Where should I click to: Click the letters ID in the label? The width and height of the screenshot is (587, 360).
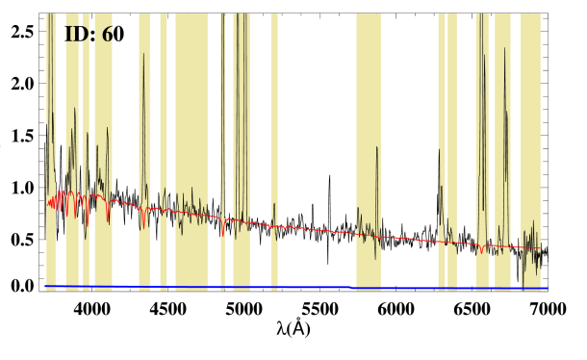pyautogui.click(x=76, y=35)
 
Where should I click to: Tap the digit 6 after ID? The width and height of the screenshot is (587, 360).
pyautogui.click(x=107, y=35)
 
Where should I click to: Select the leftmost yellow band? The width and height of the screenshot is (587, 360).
pyautogui.click(x=51, y=144)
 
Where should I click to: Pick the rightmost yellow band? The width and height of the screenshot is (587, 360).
pyautogui.click(x=530, y=144)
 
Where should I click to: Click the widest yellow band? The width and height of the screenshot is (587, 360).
pyautogui.click(x=191, y=144)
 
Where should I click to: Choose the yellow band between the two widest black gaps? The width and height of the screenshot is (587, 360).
pyautogui.click(x=369, y=144)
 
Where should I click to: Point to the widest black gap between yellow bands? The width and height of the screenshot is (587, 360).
pyautogui.click(x=317, y=144)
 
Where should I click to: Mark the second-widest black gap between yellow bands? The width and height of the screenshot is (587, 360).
pyautogui.click(x=409, y=144)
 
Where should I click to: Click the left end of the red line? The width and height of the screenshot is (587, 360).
pyautogui.click(x=48, y=203)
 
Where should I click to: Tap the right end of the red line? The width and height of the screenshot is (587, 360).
pyautogui.click(x=524, y=247)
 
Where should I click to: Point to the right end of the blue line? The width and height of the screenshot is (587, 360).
pyautogui.click(x=547, y=288)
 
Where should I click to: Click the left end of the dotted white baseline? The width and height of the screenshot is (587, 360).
pyautogui.click(x=40, y=291)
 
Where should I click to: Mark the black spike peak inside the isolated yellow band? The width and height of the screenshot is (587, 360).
pyautogui.click(x=376, y=147)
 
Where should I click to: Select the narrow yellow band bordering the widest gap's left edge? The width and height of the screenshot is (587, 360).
pyautogui.click(x=274, y=144)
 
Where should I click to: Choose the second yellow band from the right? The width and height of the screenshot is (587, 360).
pyautogui.click(x=502, y=144)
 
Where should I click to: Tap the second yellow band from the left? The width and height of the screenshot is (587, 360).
pyautogui.click(x=72, y=144)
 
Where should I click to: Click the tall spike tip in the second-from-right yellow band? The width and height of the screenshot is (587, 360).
pyautogui.click(x=503, y=48)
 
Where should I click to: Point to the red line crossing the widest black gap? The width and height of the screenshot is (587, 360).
pyautogui.click(x=317, y=229)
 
